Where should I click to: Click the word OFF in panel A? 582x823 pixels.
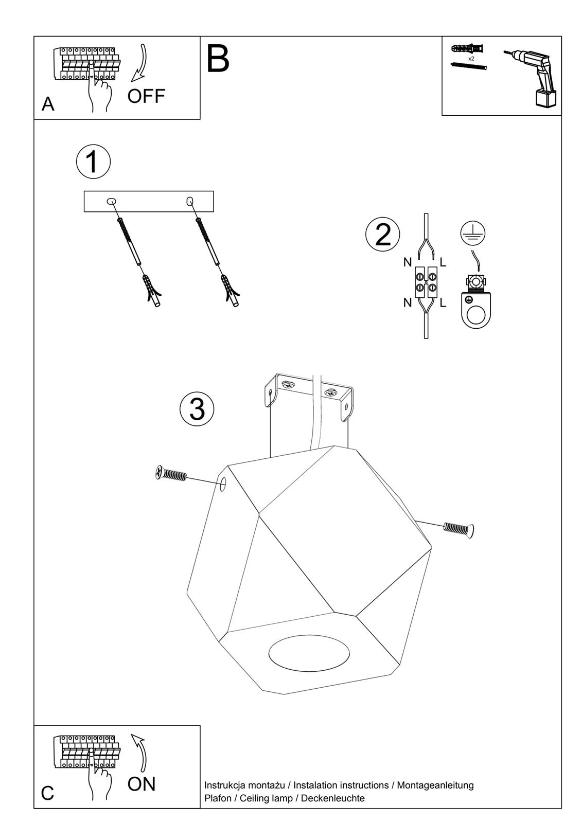click(146, 96)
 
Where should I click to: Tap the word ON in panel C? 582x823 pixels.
click(141, 784)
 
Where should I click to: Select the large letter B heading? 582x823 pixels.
click(218, 59)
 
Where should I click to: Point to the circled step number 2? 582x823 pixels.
click(382, 235)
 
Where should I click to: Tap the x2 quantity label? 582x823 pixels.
click(471, 59)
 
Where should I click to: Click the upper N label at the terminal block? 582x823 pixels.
click(408, 262)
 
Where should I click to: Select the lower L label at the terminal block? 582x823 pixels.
click(443, 303)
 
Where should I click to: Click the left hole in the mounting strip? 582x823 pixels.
click(111, 202)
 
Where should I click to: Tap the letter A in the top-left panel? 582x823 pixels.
click(48, 104)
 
